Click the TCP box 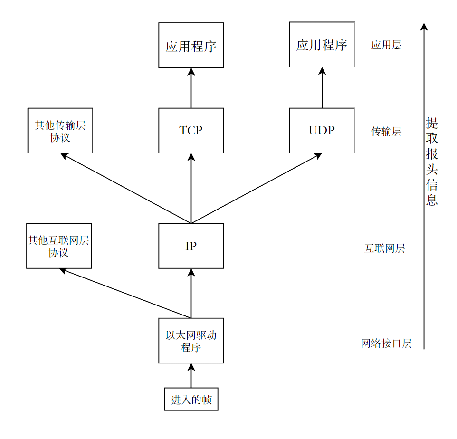pos(191,131)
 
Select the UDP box pos(322,131)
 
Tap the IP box pos(191,246)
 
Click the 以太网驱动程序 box pos(191,341)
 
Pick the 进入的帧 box pos(191,400)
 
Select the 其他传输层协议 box pos(60,131)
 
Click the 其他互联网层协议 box pos(58,246)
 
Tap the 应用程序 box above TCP pos(191,45)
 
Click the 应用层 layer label pos(386,45)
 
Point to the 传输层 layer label pos(386,132)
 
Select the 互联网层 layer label pos(384,248)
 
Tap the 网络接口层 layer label pos(386,344)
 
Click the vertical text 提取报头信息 pos(431,162)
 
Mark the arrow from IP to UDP pos(257,188)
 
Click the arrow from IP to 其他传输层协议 pos(126,188)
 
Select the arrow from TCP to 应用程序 pos(191,88)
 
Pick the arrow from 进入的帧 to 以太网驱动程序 pos(191,376)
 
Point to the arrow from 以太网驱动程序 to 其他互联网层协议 pos(124,293)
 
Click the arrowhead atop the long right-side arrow pos(424,26)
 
